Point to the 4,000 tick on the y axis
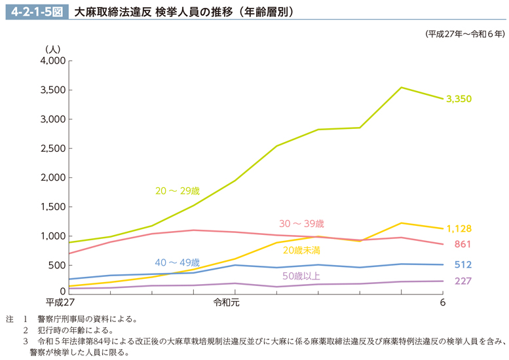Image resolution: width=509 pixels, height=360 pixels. coord(52,61)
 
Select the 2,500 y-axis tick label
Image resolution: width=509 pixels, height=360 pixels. coord(52,149)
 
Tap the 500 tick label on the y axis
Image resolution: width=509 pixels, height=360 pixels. coord(57,265)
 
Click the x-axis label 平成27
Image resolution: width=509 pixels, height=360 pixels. coord(61,302)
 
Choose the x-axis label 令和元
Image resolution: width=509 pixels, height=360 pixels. coord(227,302)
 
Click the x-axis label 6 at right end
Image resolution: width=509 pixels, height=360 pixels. coord(443,302)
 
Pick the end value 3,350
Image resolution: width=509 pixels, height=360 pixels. coord(459,99)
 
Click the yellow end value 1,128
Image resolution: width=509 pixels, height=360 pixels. coord(459,229)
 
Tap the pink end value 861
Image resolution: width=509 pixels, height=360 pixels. coord(462,245)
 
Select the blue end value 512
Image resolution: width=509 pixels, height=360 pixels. coord(462,265)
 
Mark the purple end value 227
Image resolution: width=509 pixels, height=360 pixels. coord(462,281)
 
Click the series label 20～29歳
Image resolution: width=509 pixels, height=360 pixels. coord(177,191)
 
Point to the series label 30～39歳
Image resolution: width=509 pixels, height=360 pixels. coord(301,224)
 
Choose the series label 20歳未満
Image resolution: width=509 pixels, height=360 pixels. coord(301,249)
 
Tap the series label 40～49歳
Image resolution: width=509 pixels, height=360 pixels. coord(177,262)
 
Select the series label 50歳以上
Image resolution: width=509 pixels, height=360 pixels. coord(301,275)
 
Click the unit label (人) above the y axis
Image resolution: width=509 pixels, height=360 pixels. coord(52,48)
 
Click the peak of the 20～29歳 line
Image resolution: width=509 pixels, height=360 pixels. coord(401,87)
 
